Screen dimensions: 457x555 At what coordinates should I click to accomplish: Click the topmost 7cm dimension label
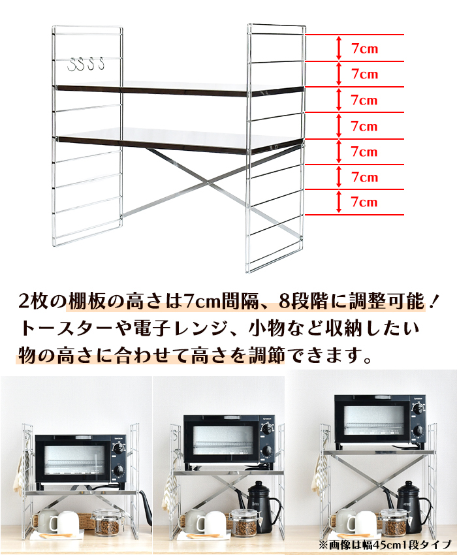[x=364, y=48]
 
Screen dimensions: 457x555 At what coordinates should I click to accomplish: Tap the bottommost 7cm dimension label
[x=364, y=202]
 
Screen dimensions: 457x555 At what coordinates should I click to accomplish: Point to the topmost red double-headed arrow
[x=339, y=48]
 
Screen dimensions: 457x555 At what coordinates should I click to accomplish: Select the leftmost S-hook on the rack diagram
[x=72, y=64]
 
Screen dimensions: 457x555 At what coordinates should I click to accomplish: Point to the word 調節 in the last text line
[x=267, y=355]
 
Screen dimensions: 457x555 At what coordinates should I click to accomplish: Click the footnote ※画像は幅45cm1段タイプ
[x=385, y=544]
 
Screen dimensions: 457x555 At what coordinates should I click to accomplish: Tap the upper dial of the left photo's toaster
[x=118, y=449]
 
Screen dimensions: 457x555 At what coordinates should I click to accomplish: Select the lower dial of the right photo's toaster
[x=418, y=430]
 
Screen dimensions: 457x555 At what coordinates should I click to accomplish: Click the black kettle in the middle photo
[x=262, y=507]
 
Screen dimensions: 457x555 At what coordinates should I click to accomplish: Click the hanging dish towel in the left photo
[x=22, y=471]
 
